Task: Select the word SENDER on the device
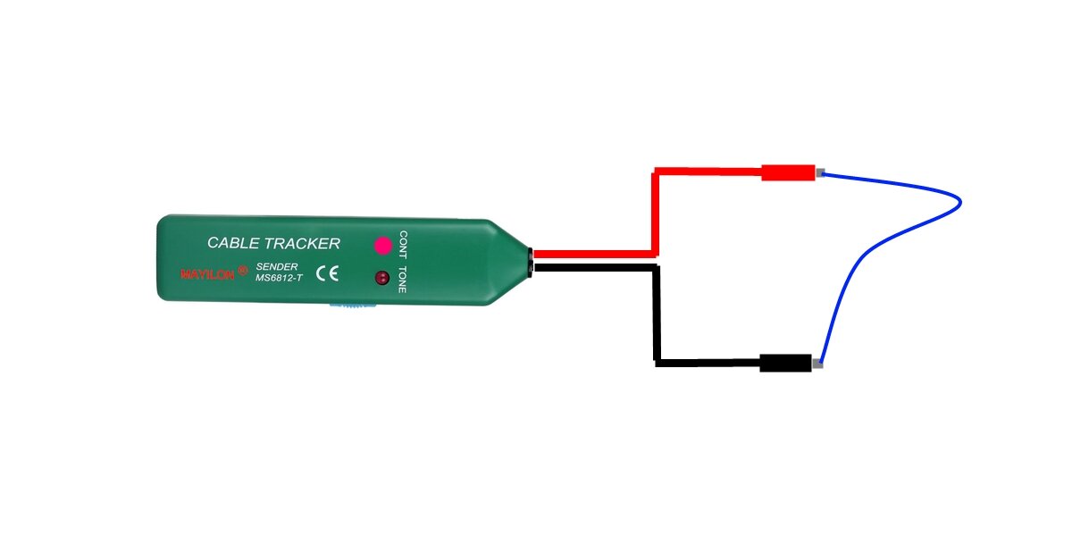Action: pyautogui.click(x=277, y=266)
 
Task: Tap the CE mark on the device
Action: pyautogui.click(x=328, y=273)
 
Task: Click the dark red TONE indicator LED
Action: pyautogui.click(x=382, y=278)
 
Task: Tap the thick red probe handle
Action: pyautogui.click(x=788, y=172)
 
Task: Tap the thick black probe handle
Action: pyautogui.click(x=786, y=363)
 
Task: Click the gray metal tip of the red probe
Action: pyautogui.click(x=819, y=172)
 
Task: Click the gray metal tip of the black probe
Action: pyautogui.click(x=818, y=364)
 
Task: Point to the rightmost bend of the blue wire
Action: pyautogui.click(x=959, y=204)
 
